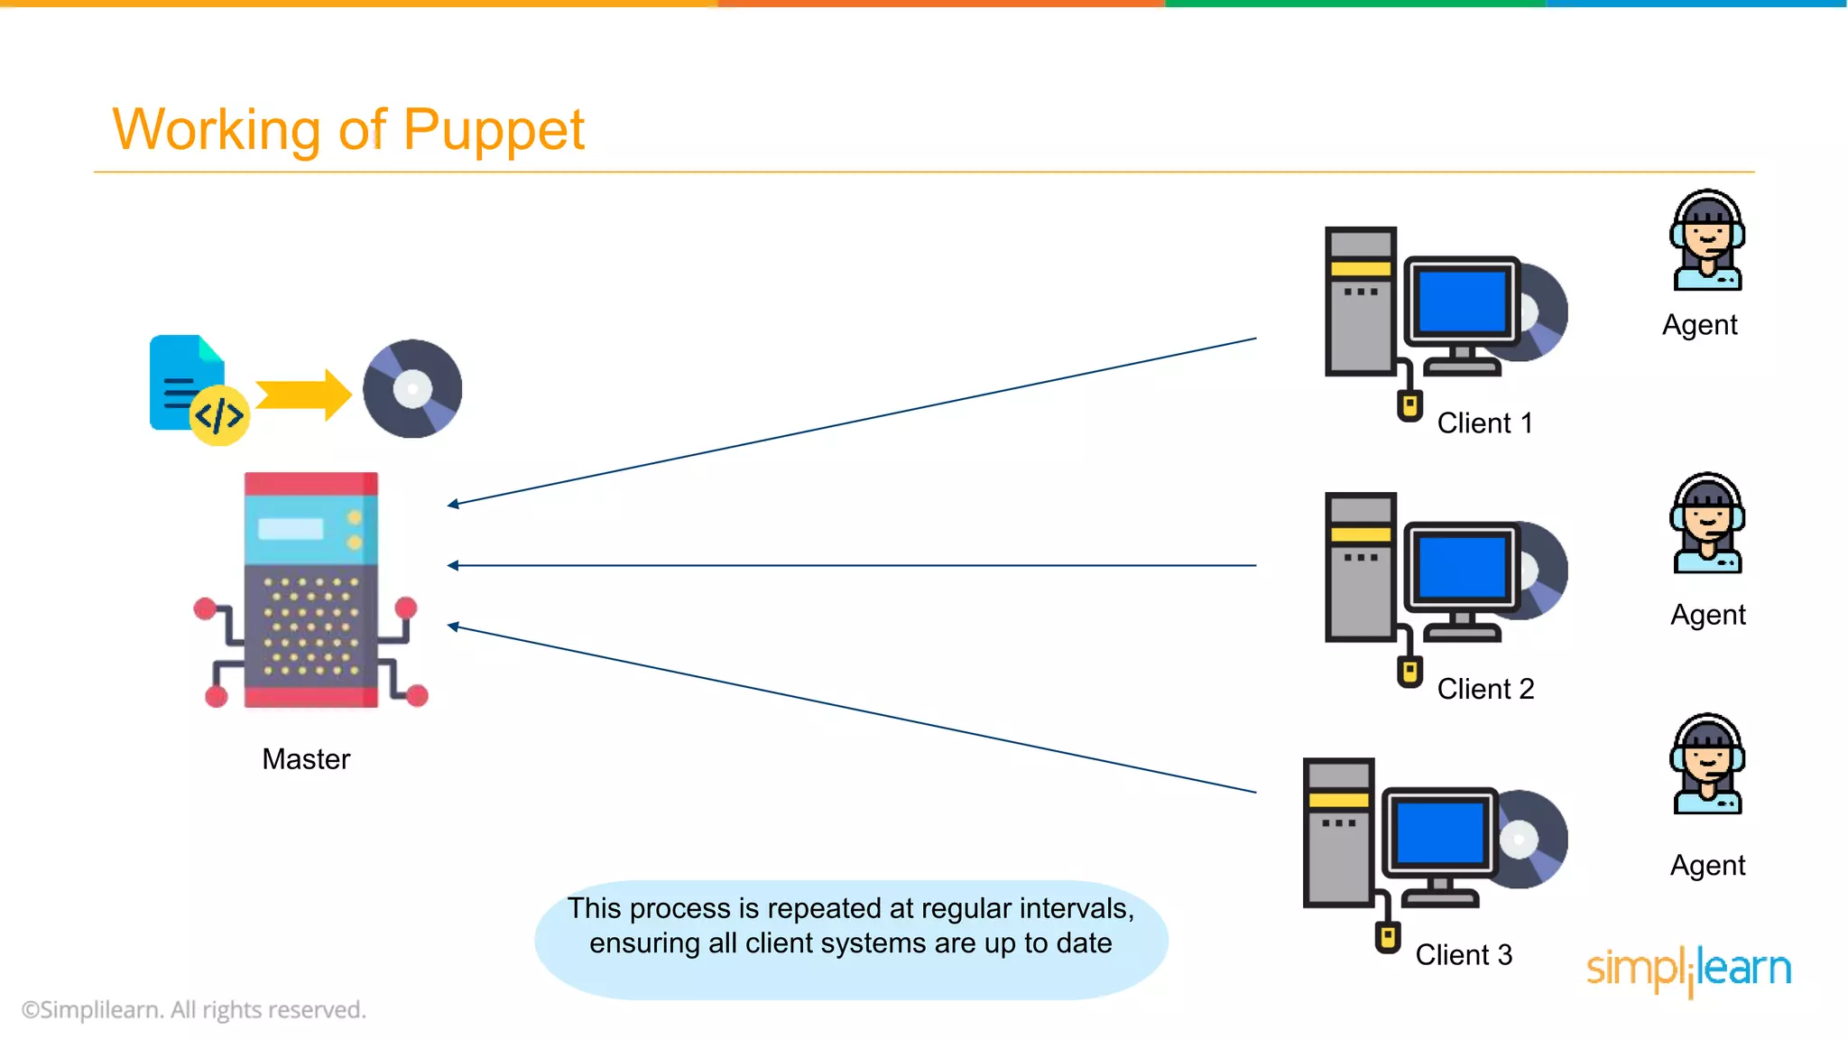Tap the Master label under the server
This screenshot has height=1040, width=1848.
306,759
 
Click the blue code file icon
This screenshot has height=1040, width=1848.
187,383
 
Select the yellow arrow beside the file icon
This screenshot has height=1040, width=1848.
303,395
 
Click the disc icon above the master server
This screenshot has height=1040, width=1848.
412,389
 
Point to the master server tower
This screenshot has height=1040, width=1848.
311,590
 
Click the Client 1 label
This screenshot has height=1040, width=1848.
1484,423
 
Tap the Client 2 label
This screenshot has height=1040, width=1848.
1485,689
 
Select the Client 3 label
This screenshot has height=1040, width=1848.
1463,955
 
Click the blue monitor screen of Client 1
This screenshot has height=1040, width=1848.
1462,302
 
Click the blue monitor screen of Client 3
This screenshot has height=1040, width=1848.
1439,833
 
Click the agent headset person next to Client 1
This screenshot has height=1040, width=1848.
1707,241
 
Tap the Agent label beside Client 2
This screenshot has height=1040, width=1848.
1707,615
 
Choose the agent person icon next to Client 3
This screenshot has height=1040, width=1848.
1707,765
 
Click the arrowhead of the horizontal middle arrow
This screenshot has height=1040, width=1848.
453,566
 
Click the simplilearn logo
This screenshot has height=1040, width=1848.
1688,970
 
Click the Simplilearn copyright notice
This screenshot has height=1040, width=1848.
194,1009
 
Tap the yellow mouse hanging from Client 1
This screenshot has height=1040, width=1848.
1409,405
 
